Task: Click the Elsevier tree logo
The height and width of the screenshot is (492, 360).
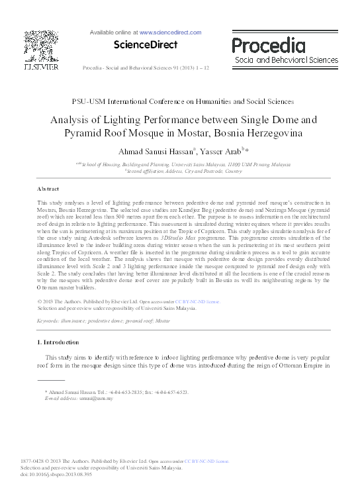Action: [41, 46]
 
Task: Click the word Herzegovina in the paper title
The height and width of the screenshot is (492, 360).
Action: [268, 132]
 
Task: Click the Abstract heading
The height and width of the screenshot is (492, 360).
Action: [49, 189]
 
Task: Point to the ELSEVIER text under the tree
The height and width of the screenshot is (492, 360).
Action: [41, 67]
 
